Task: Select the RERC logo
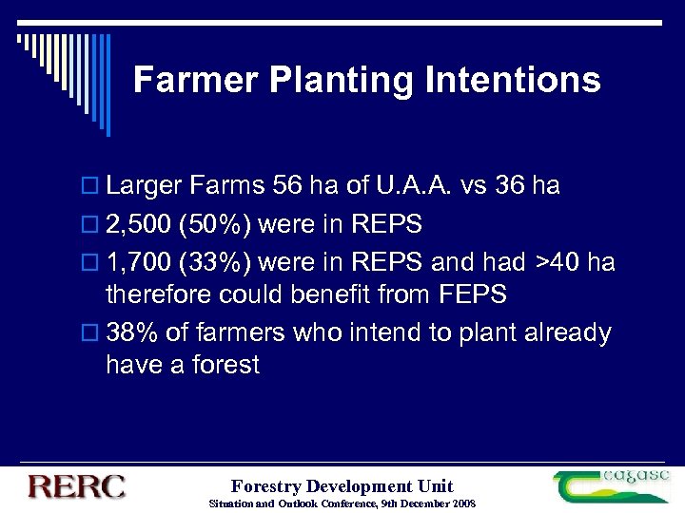(x=77, y=487)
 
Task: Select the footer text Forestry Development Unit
(x=342, y=485)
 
